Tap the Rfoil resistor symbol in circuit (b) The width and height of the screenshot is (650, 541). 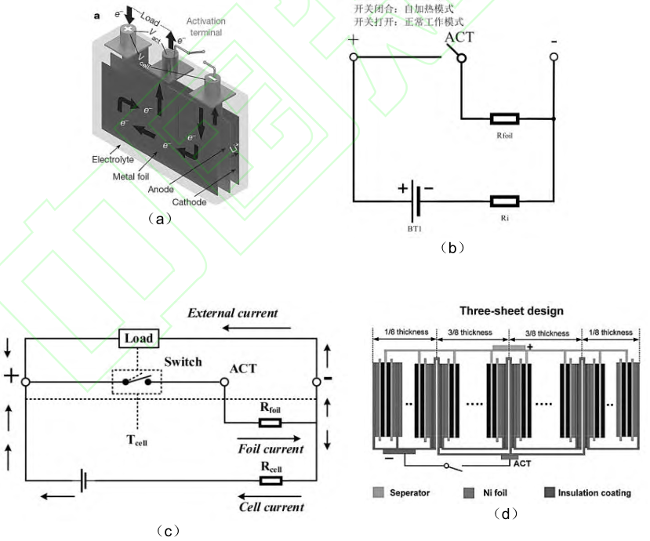(503, 119)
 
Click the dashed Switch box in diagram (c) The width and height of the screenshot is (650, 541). (136, 382)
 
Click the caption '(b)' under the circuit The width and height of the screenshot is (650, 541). (452, 247)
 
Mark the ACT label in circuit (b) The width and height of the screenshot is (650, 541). (459, 37)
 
